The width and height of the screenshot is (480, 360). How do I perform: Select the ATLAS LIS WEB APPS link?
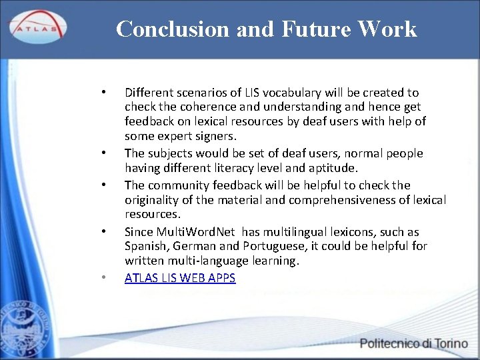pos(180,278)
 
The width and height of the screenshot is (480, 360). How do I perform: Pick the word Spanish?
pos(145,247)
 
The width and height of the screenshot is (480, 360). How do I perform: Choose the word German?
pos(190,247)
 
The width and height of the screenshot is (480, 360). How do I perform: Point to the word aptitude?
pos(333,168)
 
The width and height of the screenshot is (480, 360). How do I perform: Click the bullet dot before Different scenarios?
pos(103,92)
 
